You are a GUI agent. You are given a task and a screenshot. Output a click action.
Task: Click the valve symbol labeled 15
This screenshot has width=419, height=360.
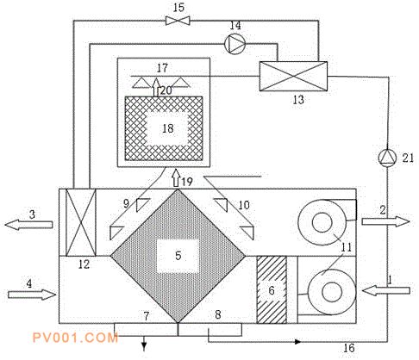tap(178, 21)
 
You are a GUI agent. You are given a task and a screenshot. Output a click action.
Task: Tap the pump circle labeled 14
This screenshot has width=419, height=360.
tap(235, 44)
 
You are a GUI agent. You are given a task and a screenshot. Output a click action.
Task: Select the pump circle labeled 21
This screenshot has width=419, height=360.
tap(387, 158)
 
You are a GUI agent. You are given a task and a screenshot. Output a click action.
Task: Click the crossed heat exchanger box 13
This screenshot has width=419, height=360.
tap(293, 76)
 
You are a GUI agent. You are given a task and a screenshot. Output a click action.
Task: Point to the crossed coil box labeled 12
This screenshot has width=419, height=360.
tap(81, 222)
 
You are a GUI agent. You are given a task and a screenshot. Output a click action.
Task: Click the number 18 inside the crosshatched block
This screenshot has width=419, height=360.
tap(168, 128)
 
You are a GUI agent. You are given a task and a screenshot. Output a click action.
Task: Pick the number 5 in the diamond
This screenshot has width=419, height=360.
tap(178, 255)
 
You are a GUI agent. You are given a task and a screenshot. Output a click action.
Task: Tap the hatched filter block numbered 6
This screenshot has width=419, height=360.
tap(272, 289)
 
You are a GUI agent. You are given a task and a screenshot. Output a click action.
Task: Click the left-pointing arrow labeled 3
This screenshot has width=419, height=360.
tap(28, 225)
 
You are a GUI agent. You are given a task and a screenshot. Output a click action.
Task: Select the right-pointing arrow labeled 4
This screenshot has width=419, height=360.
tap(32, 295)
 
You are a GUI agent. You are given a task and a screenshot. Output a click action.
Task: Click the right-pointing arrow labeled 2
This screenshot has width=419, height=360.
tap(385, 221)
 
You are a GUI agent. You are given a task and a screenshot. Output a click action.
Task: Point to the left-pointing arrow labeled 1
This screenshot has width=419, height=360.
tap(386, 291)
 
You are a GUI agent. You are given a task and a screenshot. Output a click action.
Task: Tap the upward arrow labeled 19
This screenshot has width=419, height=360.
tap(177, 178)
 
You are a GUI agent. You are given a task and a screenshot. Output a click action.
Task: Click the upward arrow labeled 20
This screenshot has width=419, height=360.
tap(155, 87)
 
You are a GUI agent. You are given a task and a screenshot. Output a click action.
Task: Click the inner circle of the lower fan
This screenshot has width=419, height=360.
tap(332, 292)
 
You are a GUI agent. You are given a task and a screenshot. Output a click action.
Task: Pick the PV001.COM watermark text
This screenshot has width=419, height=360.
tap(75, 338)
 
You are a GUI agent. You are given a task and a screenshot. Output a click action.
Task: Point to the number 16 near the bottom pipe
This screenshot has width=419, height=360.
tap(349, 348)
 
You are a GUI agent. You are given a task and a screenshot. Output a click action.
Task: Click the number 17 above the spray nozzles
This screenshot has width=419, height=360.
tap(162, 68)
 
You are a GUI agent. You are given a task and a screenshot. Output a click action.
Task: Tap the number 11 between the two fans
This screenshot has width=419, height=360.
tap(346, 247)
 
